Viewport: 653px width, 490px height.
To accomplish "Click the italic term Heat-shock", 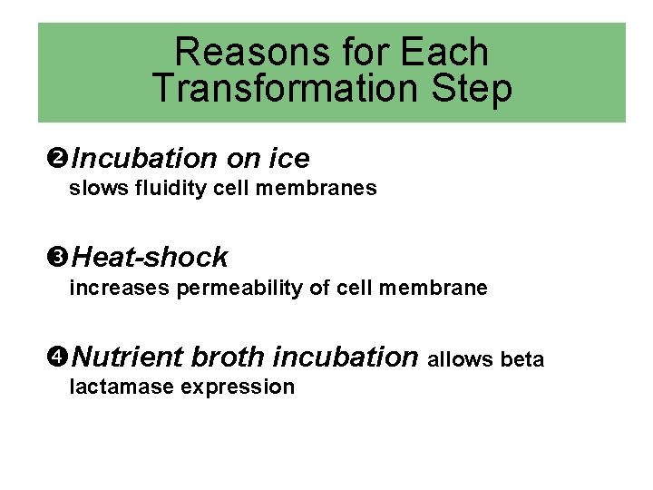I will (x=150, y=258).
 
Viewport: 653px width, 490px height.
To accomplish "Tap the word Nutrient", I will (x=128, y=357).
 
